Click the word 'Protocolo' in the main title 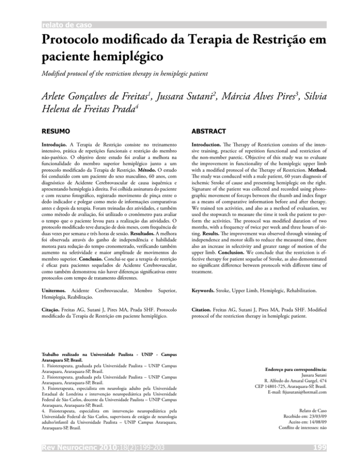71,40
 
